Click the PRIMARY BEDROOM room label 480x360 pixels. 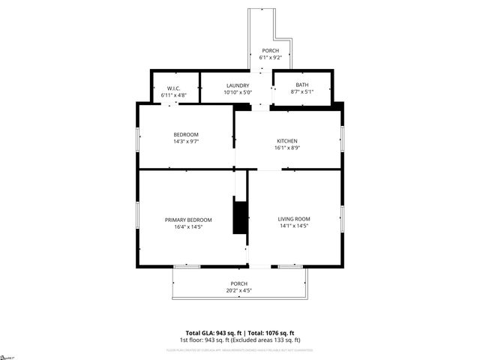pyautogui.click(x=188, y=220)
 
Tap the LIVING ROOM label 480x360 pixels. pyautogui.click(x=293, y=219)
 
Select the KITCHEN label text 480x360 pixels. pyautogui.click(x=287, y=141)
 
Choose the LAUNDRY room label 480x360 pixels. pyautogui.click(x=237, y=85)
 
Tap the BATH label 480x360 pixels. pyautogui.click(x=301, y=85)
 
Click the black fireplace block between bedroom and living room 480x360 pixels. pyautogui.click(x=241, y=217)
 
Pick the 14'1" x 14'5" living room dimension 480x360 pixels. pyautogui.click(x=293, y=226)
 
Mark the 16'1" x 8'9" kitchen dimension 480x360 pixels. pyautogui.click(x=287, y=148)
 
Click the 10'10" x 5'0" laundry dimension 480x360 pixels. pyautogui.click(x=237, y=92)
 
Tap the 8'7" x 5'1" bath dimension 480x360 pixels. pyautogui.click(x=301, y=92)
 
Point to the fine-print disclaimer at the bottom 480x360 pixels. pyautogui.click(x=239, y=349)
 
